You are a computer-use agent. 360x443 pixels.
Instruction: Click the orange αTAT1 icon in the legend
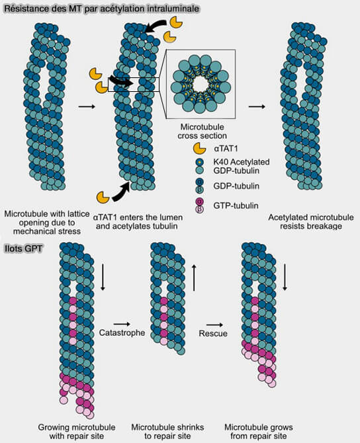(198, 148)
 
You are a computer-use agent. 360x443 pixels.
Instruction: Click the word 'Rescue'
(213, 333)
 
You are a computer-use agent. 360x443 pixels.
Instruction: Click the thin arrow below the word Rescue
(213, 324)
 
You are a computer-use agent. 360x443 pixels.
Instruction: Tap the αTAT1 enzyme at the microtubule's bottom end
(103, 196)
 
